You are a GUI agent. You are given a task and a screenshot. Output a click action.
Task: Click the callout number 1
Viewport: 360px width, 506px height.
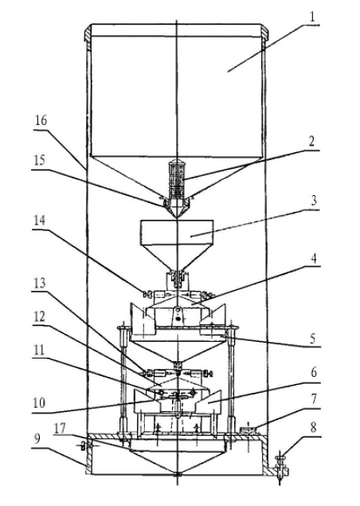312,17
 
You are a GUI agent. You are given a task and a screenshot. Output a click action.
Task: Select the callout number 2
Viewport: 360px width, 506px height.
311,141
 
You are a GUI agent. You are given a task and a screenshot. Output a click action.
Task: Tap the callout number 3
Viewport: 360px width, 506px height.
314,200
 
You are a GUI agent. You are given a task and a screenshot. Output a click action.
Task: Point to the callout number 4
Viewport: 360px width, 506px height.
314,258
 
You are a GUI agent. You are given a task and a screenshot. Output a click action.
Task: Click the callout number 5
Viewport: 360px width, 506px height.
313,339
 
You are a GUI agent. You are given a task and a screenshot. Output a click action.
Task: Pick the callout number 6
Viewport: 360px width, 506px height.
314,373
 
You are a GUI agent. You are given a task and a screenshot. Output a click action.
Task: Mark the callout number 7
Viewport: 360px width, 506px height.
314,399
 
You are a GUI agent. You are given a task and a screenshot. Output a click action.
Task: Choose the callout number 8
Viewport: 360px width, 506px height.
314,428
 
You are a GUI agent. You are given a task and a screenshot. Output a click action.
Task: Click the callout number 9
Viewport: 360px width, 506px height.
37,438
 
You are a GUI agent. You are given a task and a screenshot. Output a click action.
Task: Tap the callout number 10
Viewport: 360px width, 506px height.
39,403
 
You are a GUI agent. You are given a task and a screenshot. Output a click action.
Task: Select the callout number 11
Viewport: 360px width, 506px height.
39,350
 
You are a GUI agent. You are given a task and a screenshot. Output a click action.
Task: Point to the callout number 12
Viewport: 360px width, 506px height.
39,316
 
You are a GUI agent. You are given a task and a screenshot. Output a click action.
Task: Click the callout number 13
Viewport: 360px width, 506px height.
40,283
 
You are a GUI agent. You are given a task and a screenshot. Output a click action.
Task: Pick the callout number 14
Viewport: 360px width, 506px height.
39,221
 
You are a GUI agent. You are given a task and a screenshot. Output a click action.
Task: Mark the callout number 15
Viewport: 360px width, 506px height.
39,160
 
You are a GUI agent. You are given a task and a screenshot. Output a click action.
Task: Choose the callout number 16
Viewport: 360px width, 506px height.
41,120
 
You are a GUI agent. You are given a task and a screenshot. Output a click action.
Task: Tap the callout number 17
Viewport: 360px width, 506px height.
60,428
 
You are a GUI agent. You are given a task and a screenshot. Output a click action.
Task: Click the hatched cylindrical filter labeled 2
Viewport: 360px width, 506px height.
177,179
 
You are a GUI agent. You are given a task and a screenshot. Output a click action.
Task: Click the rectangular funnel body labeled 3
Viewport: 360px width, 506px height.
177,232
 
